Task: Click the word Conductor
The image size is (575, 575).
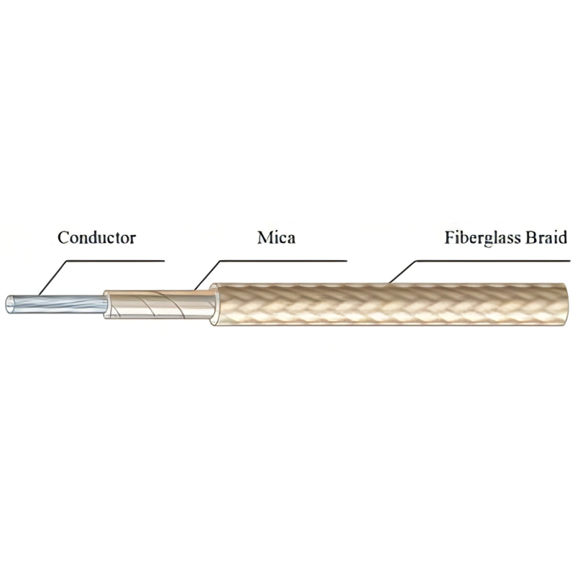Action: click(97, 238)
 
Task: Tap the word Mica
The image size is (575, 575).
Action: click(276, 238)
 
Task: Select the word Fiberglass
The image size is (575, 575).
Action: click(482, 238)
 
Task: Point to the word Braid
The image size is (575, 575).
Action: click(546, 237)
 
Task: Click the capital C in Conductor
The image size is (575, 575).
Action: click(63, 238)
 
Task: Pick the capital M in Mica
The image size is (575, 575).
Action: click(264, 238)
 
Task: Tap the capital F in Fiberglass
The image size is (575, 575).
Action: click(450, 237)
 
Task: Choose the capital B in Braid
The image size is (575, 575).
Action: click(531, 237)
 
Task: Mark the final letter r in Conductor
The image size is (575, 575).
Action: click(132, 240)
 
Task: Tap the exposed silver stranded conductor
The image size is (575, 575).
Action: click(57, 304)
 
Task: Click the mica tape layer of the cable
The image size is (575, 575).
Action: click(158, 304)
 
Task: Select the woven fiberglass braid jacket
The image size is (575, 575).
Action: click(388, 304)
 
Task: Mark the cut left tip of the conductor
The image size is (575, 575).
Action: click(6, 305)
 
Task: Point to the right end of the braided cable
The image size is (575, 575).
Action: click(566, 304)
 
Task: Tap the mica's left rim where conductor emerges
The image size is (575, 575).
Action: click(106, 304)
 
